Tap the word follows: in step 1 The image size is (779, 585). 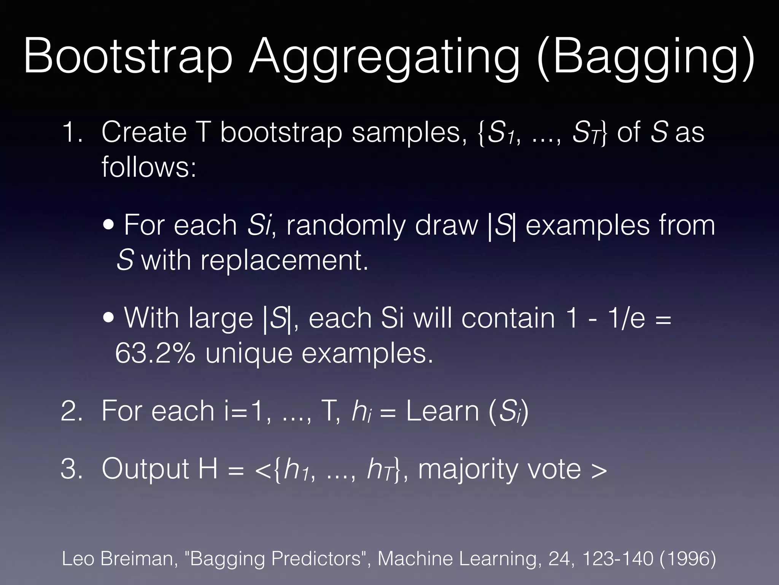[149, 168]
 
